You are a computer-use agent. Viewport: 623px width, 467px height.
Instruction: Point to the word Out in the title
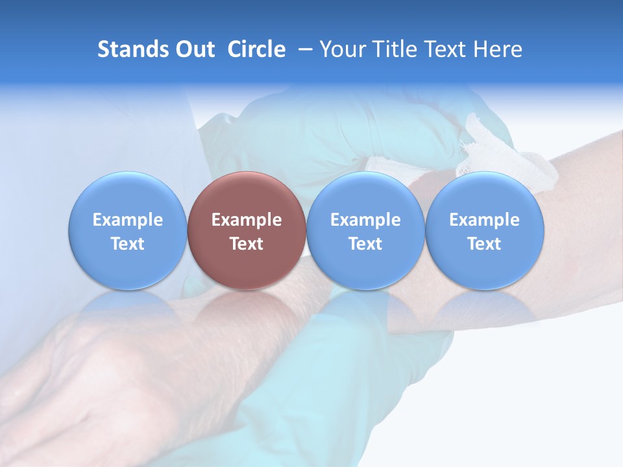pyautogui.click(x=195, y=49)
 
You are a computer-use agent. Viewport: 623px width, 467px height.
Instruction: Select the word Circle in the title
pyautogui.click(x=256, y=49)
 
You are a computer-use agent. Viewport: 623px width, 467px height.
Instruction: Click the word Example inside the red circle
pyautogui.click(x=247, y=220)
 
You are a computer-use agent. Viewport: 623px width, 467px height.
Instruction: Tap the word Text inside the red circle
pyautogui.click(x=247, y=244)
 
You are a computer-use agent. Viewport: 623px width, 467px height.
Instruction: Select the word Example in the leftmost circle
pyautogui.click(x=127, y=220)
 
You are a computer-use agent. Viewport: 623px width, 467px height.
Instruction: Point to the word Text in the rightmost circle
pyautogui.click(x=484, y=244)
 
